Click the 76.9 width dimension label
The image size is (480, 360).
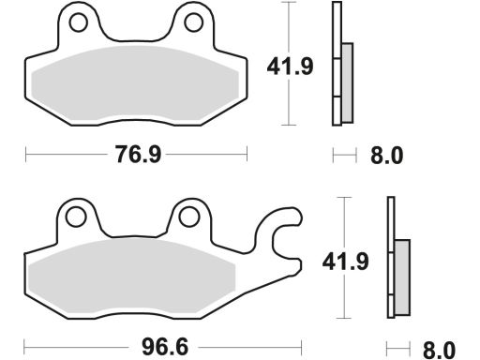pyautogui.click(x=138, y=155)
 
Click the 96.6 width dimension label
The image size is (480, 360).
pyautogui.click(x=165, y=347)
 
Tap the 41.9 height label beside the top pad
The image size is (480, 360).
pyautogui.click(x=290, y=67)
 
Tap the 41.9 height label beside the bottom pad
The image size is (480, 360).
pyautogui.click(x=345, y=262)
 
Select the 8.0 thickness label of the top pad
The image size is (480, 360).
pyautogui.click(x=387, y=156)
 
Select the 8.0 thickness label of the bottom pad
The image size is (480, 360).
pyautogui.click(x=439, y=351)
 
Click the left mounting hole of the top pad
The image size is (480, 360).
pyautogui.click(x=78, y=22)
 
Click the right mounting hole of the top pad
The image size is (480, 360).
pyautogui.click(x=194, y=22)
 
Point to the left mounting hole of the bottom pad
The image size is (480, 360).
pyautogui.click(x=76, y=217)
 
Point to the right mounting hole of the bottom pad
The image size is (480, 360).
pyautogui.click(x=188, y=217)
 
